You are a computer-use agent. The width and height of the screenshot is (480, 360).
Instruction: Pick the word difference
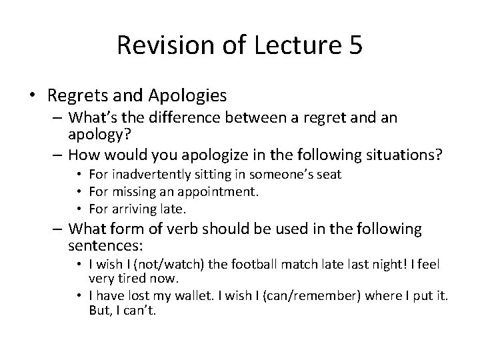point(197,119)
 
